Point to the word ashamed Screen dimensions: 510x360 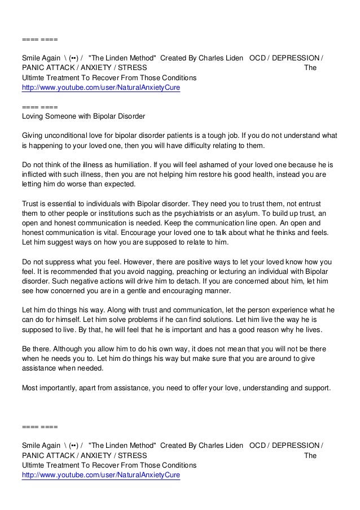click(203, 165)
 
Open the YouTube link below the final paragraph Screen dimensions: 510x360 click(100, 475)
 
